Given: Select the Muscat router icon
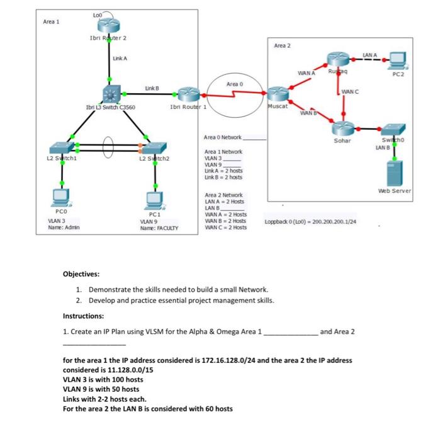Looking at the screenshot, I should tap(278, 94).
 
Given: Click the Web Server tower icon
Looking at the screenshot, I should tap(395, 171).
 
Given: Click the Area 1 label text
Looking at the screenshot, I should tap(51, 21).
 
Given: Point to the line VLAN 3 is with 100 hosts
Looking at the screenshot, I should tap(103, 379).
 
